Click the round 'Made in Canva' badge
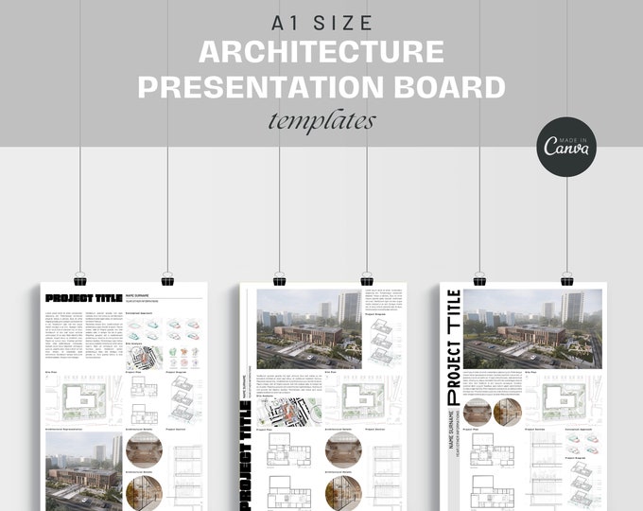tap(566, 146)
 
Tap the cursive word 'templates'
tap(321, 121)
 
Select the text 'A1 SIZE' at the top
tap(321, 22)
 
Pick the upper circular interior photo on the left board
tap(144, 449)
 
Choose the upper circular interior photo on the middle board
tap(342, 449)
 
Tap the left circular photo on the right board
tap(477, 412)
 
